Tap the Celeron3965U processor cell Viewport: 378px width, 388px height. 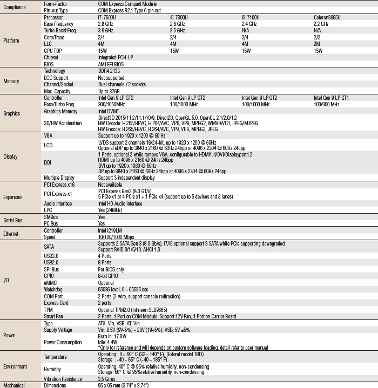pyautogui.click(x=327, y=18)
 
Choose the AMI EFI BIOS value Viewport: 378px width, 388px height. pyautogui.click(x=112, y=64)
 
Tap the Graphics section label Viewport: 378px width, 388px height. pyautogui.click(x=12, y=114)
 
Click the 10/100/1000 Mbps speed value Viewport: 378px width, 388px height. pyautogui.click(x=116, y=236)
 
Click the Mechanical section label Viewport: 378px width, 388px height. pyautogui.click(x=14, y=385)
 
